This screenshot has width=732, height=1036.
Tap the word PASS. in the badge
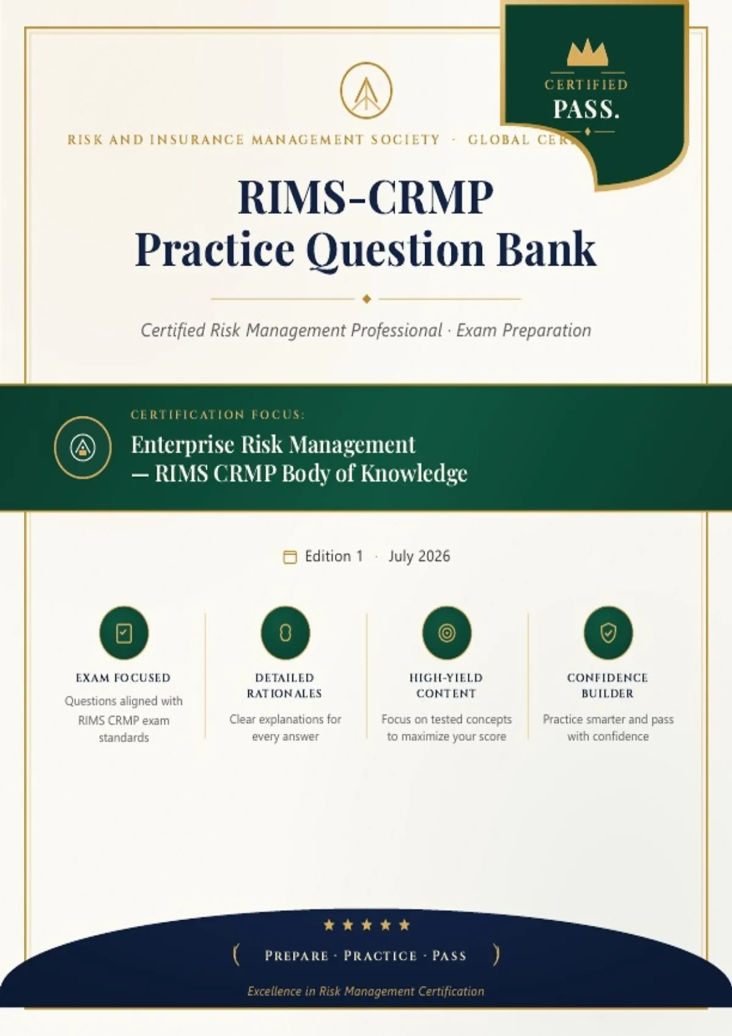586,110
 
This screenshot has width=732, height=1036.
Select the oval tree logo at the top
366,91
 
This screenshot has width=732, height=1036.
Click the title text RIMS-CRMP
366,197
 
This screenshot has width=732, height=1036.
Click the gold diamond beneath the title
366,299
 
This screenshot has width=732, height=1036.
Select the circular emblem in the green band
82,447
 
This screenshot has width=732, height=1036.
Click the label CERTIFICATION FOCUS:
218,414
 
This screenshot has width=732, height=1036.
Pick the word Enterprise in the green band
182,445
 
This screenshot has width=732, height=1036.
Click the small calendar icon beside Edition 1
290,557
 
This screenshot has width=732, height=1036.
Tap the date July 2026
419,556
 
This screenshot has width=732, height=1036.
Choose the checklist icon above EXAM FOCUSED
124,633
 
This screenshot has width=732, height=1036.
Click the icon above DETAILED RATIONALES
285,633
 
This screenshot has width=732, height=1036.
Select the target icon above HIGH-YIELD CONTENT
447,633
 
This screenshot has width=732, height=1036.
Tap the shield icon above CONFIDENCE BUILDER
608,633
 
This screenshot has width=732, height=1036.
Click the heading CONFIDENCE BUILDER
608,686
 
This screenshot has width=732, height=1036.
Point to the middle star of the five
367,924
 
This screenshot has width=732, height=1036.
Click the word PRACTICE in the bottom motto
381,956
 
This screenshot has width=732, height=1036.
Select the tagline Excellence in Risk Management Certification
366,991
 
